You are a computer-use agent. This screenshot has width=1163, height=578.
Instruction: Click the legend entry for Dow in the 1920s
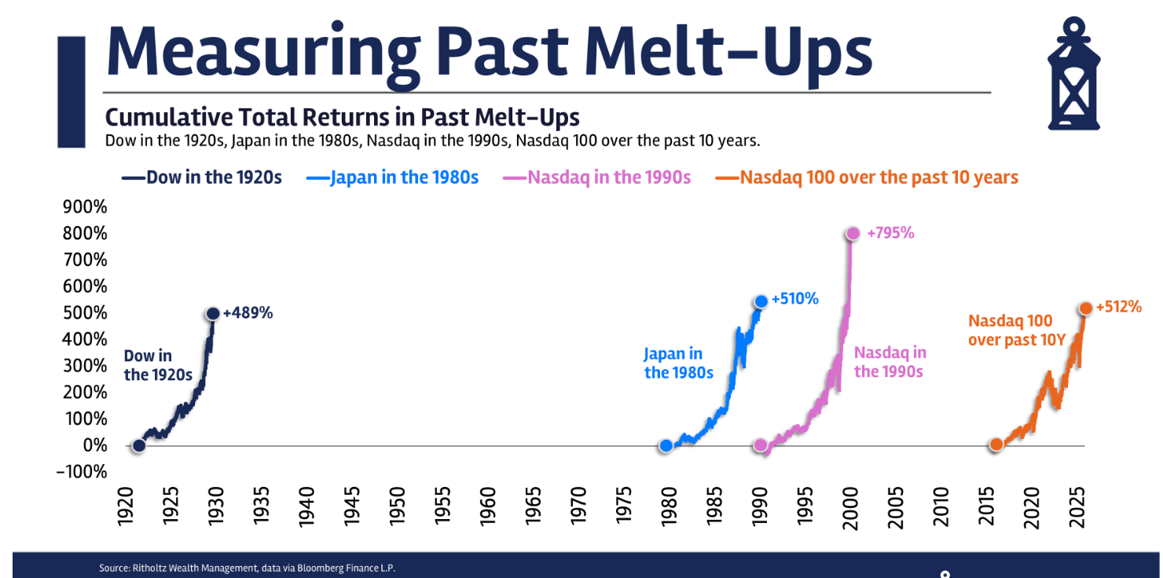click(x=202, y=177)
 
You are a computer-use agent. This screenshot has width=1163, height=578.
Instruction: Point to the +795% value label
click(x=890, y=233)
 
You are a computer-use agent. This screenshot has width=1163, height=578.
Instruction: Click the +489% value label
click(x=248, y=313)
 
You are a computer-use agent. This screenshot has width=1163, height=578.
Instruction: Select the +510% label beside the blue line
click(x=794, y=298)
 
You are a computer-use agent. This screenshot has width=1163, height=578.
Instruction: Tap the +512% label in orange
click(x=1118, y=307)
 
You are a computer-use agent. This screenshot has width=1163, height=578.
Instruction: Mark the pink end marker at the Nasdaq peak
click(x=853, y=233)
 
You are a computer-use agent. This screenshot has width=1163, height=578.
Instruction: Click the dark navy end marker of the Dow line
click(x=213, y=313)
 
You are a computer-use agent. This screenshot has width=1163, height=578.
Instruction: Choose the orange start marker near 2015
click(x=996, y=444)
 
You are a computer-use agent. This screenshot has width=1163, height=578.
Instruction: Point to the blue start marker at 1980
click(x=666, y=445)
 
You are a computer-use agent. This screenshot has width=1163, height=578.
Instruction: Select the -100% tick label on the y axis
click(x=82, y=472)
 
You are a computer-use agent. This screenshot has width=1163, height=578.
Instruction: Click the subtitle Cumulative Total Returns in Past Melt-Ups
click(x=342, y=118)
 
